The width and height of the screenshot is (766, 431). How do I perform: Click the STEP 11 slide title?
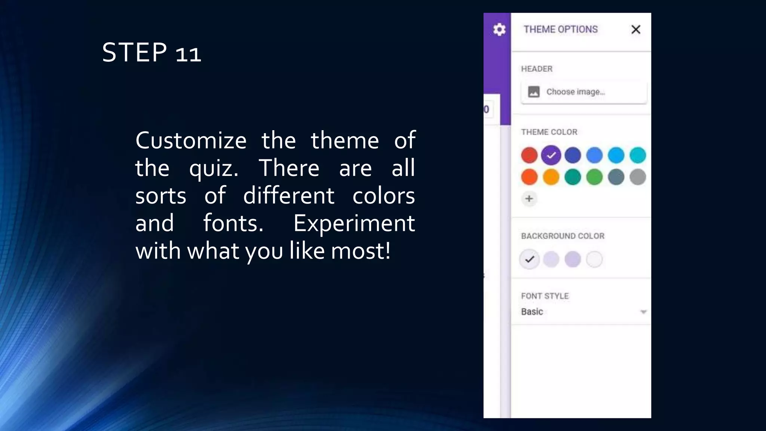click(151, 52)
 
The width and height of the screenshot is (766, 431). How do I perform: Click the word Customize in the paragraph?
click(191, 141)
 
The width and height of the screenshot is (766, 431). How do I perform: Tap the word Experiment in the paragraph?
click(354, 223)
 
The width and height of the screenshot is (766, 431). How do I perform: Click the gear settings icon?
click(499, 29)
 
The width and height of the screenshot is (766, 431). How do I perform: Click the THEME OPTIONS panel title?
click(560, 29)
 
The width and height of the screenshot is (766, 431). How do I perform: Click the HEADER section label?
click(536, 69)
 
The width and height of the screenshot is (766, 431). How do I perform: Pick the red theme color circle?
click(529, 155)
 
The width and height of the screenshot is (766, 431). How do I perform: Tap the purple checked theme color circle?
click(551, 155)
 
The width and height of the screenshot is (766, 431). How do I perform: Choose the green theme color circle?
click(594, 177)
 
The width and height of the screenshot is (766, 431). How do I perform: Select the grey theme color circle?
click(638, 177)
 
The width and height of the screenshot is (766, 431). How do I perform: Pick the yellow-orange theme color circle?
click(551, 177)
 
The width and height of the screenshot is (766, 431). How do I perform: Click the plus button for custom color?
click(529, 199)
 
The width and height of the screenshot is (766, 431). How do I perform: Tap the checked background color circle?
click(529, 259)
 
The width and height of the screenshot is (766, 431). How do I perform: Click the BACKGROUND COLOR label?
click(563, 236)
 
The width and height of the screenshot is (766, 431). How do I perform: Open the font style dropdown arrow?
click(643, 312)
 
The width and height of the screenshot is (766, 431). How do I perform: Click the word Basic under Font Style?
click(532, 312)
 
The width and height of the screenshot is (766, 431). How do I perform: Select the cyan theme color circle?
click(638, 155)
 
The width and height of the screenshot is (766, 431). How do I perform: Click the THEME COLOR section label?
click(549, 132)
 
